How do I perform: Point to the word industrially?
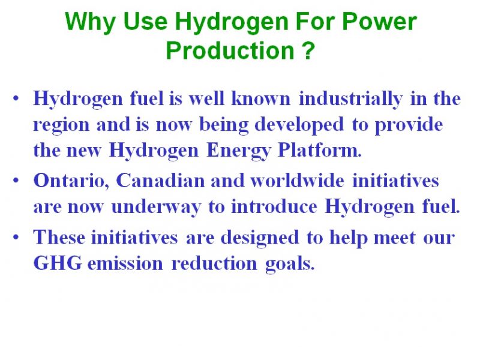(x=350, y=99)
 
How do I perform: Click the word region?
(x=61, y=125)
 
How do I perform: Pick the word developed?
(x=299, y=125)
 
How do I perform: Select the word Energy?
(x=239, y=151)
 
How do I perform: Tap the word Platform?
(x=319, y=150)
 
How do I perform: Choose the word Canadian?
(x=160, y=180)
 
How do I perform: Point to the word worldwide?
(x=297, y=180)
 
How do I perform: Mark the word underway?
(x=156, y=207)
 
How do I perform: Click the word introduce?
(x=274, y=206)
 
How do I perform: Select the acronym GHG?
(x=58, y=263)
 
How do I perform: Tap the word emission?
(x=125, y=263)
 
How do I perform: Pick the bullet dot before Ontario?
(x=16, y=181)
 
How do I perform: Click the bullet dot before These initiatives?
(x=16, y=237)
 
